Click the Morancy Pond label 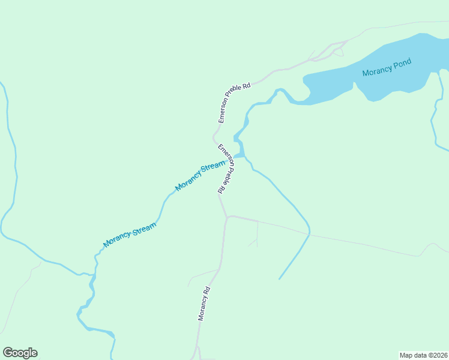[387, 70]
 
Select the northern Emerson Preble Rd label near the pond [234, 103]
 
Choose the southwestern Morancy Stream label [130, 235]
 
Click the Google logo [20, 353]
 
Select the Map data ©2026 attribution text [423, 355]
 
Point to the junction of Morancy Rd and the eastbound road [227, 217]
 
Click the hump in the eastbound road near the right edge [430, 245]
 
